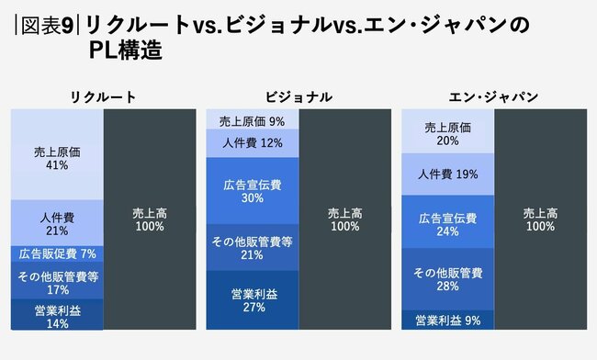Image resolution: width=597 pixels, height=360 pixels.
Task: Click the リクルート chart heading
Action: pyautogui.click(x=103, y=96)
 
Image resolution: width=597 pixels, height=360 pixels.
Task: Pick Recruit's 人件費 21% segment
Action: pyautogui.click(x=57, y=222)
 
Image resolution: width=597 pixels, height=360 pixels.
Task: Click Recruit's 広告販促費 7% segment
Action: pyautogui.click(x=57, y=253)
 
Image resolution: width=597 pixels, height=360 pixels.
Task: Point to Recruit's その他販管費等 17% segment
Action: pyautogui.click(x=57, y=281)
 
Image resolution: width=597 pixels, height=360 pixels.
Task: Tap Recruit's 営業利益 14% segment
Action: pyautogui.click(x=57, y=316)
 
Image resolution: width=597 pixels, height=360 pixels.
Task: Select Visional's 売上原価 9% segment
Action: pyautogui.click(x=252, y=120)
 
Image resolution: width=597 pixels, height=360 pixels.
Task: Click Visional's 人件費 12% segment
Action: pyautogui.click(x=252, y=143)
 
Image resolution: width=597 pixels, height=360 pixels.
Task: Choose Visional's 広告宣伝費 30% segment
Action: pyautogui.click(x=252, y=190)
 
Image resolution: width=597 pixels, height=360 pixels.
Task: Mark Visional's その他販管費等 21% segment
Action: pyautogui.click(x=252, y=247)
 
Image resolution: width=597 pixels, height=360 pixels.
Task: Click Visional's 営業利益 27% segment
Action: pyautogui.click(x=252, y=300)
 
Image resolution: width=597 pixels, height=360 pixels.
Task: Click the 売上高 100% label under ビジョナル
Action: pyautogui.click(x=344, y=219)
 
